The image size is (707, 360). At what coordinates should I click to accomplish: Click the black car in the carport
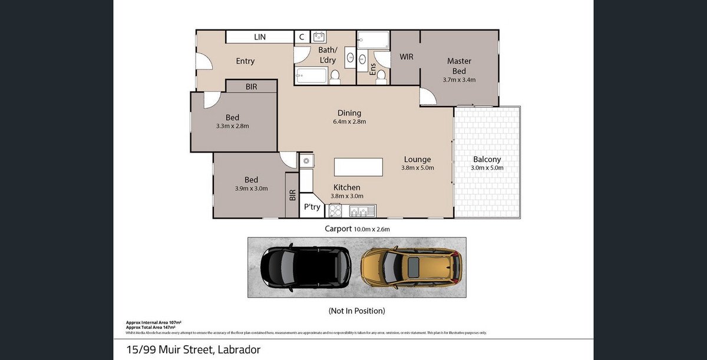[x=306, y=267]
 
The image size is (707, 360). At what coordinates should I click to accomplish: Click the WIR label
[x=406, y=57]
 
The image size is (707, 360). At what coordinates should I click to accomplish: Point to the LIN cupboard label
[x=260, y=37]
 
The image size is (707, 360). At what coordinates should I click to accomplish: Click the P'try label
[x=312, y=207]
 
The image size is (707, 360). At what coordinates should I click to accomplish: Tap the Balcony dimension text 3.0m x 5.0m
[x=487, y=168]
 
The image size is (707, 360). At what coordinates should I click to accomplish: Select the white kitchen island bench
[x=358, y=167]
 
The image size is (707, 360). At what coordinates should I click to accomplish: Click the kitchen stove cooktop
[x=335, y=210]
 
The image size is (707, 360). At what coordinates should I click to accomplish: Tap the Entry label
[x=245, y=61]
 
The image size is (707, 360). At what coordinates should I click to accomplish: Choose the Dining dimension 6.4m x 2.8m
[x=349, y=122]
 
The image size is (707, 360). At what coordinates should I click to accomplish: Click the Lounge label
[x=417, y=159]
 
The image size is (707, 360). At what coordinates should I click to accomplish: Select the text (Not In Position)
[x=356, y=311]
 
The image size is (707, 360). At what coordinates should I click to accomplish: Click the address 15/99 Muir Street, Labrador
[x=193, y=350]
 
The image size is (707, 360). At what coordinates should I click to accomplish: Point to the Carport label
[x=338, y=229]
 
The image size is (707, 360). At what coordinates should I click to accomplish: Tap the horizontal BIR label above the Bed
[x=251, y=87]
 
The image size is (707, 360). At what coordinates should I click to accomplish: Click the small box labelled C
[x=302, y=37]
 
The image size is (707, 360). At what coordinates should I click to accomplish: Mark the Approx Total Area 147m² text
[x=153, y=326]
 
